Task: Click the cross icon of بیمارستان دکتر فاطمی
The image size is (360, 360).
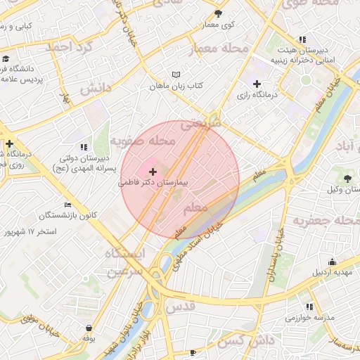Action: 153,172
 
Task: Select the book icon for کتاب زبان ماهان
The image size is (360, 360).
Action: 176,75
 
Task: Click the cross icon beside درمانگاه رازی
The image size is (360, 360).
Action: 257,84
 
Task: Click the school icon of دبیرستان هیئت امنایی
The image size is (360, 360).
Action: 302,39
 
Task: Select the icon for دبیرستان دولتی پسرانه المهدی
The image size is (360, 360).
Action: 84,147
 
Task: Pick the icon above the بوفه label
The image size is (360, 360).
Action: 89,328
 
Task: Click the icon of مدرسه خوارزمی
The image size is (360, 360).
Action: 309,307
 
